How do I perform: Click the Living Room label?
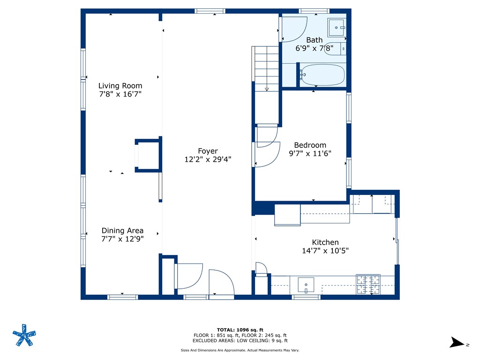[x=120, y=86]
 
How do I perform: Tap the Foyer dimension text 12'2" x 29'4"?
[x=208, y=159]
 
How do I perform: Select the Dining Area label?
[x=122, y=231]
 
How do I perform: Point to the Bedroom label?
[x=310, y=145]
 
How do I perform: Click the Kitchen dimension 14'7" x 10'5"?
[x=325, y=251]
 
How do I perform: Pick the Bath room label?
[x=315, y=40]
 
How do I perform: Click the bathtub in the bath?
[x=322, y=75]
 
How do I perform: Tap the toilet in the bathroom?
[x=335, y=49]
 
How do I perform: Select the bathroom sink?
[x=337, y=28]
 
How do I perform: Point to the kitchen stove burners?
[x=368, y=285]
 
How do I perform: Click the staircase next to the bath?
[x=266, y=69]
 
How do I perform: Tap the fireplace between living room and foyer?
[x=148, y=155]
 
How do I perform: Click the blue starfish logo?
[x=24, y=335]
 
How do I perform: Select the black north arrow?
[x=457, y=342]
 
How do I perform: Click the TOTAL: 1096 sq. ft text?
[x=240, y=330]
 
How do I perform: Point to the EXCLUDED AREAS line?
[x=240, y=340]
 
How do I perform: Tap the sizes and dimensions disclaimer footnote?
[x=240, y=350]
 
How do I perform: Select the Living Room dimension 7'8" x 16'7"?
[x=120, y=94]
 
